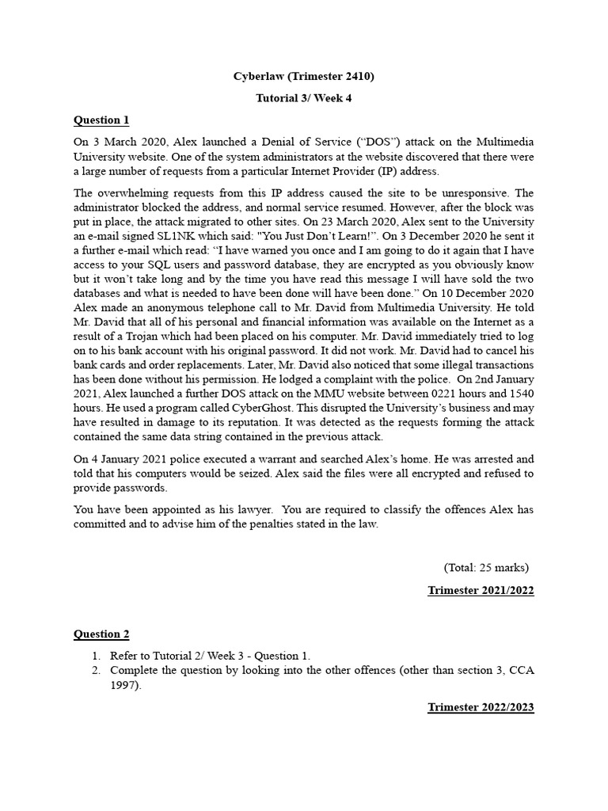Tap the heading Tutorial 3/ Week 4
coord(303,99)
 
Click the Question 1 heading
coord(101,120)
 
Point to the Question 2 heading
coord(101,634)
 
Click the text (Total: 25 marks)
coord(486,567)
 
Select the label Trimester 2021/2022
coord(481,591)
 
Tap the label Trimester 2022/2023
coord(481,707)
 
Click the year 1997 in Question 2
coord(123,684)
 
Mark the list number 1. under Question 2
coord(96,655)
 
